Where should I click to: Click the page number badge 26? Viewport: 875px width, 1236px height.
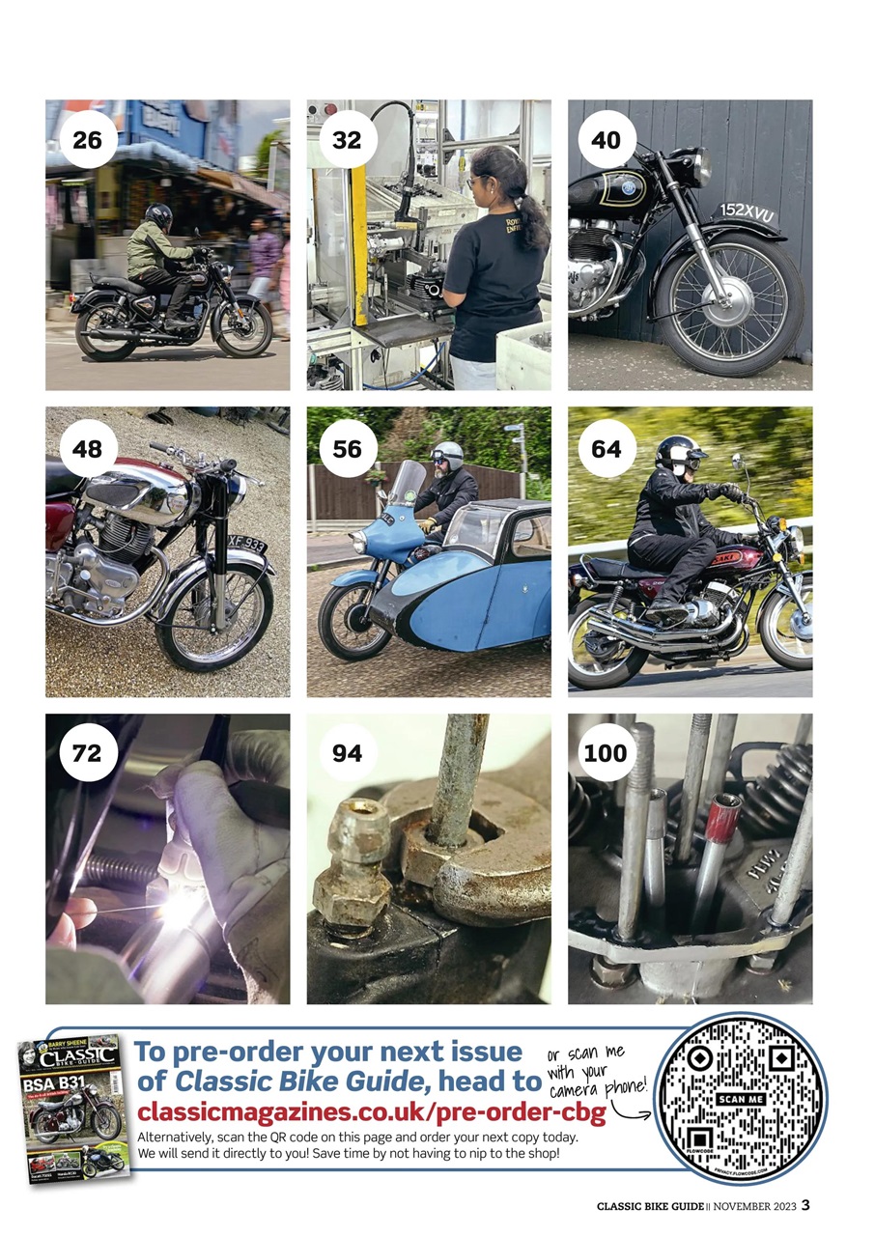pyautogui.click(x=87, y=140)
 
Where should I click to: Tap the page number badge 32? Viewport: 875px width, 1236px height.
pyautogui.click(x=347, y=140)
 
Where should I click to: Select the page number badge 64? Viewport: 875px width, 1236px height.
pyautogui.click(x=607, y=448)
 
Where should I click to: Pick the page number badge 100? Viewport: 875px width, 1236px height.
pyautogui.click(x=607, y=753)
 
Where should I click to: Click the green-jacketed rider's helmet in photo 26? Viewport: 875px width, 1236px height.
pyautogui.click(x=158, y=215)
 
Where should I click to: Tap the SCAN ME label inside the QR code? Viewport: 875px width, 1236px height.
pyautogui.click(x=741, y=1100)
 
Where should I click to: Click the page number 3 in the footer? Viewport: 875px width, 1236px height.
pyautogui.click(x=805, y=1204)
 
